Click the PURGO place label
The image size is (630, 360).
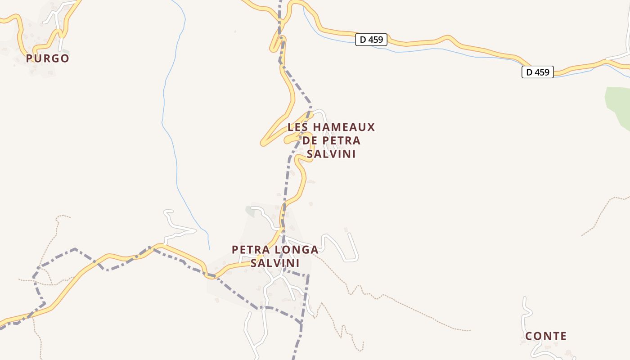47,58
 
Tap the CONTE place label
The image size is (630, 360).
546,336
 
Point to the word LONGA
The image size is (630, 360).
296,249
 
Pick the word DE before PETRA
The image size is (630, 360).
310,140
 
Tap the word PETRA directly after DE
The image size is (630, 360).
342,140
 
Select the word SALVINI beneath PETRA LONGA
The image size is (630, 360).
274,263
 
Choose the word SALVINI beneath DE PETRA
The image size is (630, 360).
331,154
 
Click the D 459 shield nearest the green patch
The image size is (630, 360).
537,72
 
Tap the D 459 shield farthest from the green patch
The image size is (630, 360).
371,40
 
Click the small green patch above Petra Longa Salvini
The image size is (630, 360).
250,211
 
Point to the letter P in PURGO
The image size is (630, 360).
30,58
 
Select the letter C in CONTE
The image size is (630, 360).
530,336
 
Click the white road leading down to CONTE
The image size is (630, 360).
526,315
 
